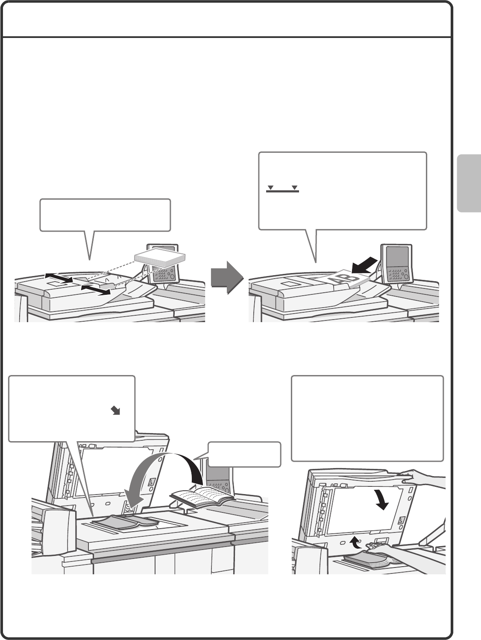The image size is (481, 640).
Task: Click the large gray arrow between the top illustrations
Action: [227, 277]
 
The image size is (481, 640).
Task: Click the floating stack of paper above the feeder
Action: [160, 258]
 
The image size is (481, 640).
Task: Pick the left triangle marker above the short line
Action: [270, 187]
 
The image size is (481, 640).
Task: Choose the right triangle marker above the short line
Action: [294, 187]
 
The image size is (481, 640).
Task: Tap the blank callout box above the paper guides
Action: [105, 215]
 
